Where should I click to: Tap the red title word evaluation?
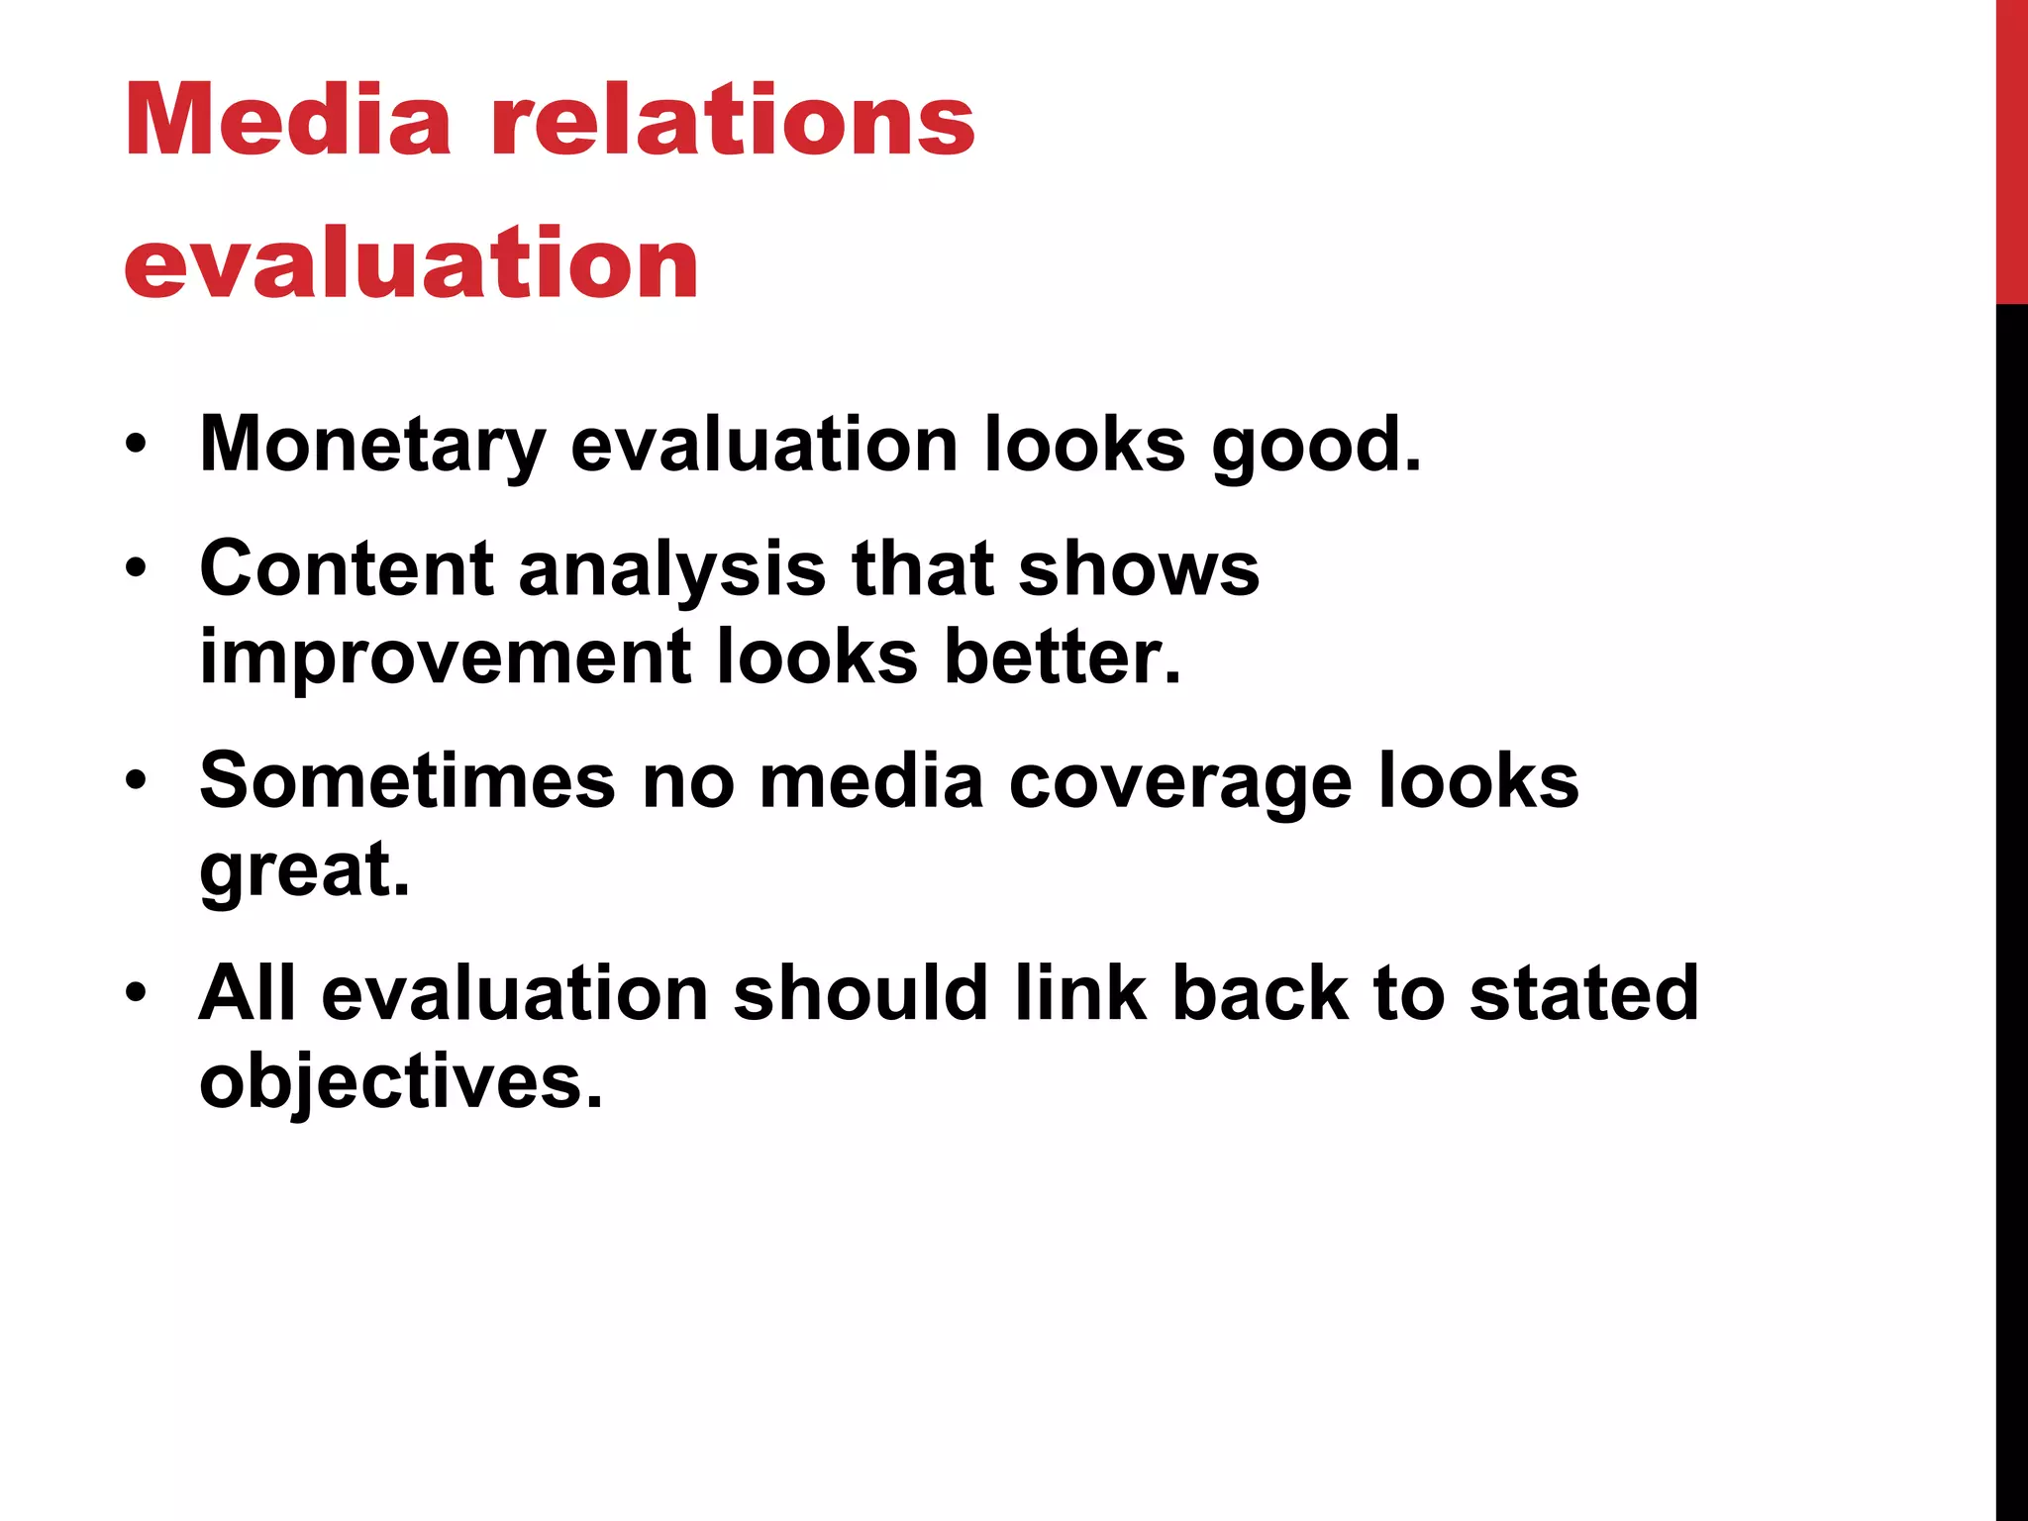point(411,262)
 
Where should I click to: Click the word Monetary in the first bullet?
point(372,445)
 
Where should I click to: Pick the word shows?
point(1139,569)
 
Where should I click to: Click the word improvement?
point(445,657)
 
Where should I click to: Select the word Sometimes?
point(408,781)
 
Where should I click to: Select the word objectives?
point(400,1080)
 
